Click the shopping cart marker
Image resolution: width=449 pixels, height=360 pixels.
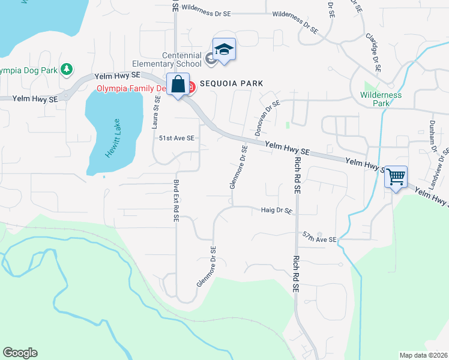tap(396, 177)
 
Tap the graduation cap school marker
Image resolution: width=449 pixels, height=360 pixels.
tap(224, 50)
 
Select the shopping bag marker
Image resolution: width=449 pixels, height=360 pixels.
tap(178, 85)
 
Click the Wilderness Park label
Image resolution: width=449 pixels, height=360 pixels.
tap(381, 98)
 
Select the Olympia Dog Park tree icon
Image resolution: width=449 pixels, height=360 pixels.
tap(67, 70)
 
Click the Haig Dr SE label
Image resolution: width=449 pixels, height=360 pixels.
tap(276, 211)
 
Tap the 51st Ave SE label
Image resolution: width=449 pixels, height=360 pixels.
tap(176, 138)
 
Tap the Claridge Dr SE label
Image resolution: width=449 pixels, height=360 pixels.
tap(373, 52)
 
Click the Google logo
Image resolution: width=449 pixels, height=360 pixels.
tap(20, 353)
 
